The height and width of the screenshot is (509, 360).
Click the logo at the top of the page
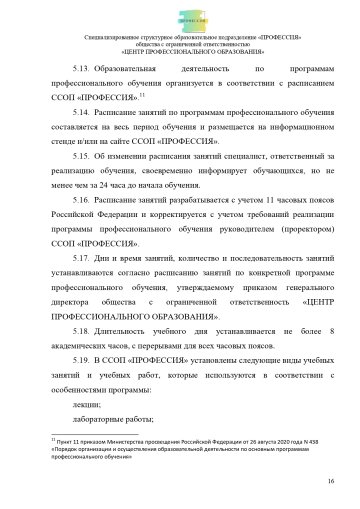[x=181, y=19]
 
